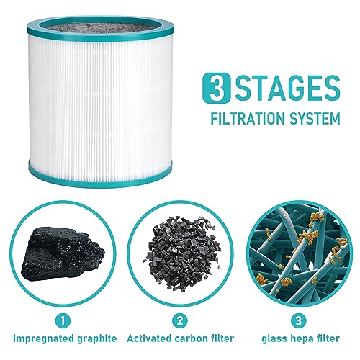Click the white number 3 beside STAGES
[217, 90]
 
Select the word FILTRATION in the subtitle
[248, 118]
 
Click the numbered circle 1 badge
[63, 320]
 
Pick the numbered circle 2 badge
[180, 320]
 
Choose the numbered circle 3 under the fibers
[299, 320]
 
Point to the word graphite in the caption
[97, 339]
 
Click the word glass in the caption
[274, 339]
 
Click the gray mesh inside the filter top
[99, 28]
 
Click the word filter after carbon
[222, 338]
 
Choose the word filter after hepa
[328, 338]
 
